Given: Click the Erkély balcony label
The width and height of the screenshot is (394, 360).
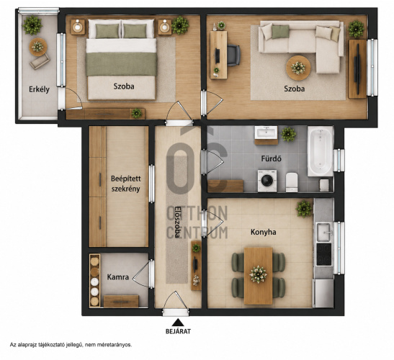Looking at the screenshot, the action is pos(39,89).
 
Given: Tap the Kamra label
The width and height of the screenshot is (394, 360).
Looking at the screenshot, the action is pos(118,277).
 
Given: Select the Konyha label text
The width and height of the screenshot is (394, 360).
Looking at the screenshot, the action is pos(264,232).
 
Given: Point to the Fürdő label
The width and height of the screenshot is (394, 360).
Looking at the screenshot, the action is pos(271,158).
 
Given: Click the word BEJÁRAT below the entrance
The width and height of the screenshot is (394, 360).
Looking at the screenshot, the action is pos(178,331).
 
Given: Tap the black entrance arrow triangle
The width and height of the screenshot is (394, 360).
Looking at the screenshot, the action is pos(178,323).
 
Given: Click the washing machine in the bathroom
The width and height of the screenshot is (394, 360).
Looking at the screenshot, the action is pos(267,181).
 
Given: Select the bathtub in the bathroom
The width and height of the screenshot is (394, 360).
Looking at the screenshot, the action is pos(321,151).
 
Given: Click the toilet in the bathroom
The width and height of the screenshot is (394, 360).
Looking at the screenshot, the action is pos(292,182).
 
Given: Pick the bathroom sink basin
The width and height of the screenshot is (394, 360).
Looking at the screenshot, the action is pos(266,132).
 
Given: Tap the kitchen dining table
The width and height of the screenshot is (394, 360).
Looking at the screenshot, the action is pos(259,276).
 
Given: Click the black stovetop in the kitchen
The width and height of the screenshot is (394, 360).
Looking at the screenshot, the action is pos(324,254).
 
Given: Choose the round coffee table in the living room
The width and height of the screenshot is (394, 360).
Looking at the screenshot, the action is pos(298,68).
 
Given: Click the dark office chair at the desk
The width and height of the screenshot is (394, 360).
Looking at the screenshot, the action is pos(233,55).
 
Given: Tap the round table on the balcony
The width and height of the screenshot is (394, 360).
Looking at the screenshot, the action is pos(38,47).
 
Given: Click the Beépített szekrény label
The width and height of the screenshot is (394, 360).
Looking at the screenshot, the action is pos(125,184).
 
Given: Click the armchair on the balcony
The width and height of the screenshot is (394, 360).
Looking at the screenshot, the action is pos(40,61).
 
